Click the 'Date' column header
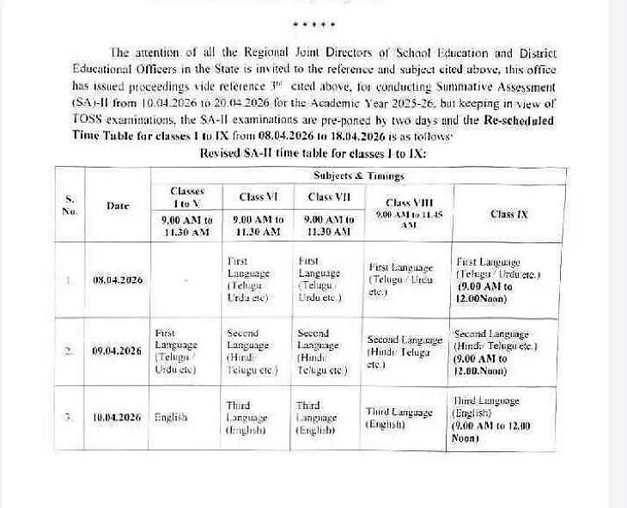click(118, 205)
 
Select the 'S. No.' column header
click(70, 205)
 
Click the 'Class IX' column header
click(508, 214)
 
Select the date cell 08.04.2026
click(119, 280)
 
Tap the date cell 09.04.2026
click(119, 351)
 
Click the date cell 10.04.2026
click(119, 417)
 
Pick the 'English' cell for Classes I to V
click(171, 417)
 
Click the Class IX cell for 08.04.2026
click(497, 279)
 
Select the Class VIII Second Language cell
click(405, 352)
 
